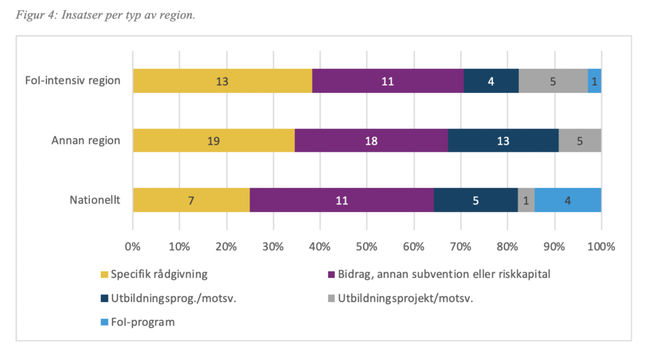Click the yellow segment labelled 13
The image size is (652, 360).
pos(222,81)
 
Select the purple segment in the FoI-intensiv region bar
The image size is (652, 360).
pos(388,81)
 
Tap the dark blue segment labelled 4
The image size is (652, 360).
pos(491,81)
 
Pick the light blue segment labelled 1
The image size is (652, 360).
pos(594,81)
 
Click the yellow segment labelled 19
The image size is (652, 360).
pos(213,141)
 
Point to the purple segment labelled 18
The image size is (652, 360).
pos(371,141)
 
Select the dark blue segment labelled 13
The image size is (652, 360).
pos(503,141)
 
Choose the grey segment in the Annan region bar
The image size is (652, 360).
pos(579,141)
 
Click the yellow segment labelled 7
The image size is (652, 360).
pos(191,200)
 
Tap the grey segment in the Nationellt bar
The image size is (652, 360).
pos(526,200)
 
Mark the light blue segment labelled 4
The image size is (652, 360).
pos(567,200)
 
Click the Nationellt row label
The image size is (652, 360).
pos(95,201)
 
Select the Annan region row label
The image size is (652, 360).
pos(86,141)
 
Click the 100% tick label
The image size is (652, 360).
pos(601,247)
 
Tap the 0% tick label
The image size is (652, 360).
pos(132,247)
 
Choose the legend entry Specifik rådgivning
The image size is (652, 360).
pos(159,275)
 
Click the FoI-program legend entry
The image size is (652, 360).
pos(143,322)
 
